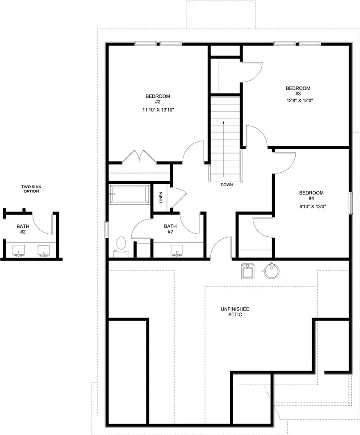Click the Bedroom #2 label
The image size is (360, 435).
coord(157,99)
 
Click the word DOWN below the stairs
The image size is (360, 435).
coord(226,184)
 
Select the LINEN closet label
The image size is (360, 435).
coord(161,197)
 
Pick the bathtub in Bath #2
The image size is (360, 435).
coord(130,194)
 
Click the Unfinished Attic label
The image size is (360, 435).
coord(235,312)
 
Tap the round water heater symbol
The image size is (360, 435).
coord(271,270)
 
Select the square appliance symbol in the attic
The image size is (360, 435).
coord(247,270)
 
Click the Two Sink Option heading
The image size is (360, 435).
coord(30,189)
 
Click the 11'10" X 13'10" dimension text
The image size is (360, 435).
coord(157,109)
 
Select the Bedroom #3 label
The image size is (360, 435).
coord(298,91)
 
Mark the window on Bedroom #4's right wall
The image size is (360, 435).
coord(351,203)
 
